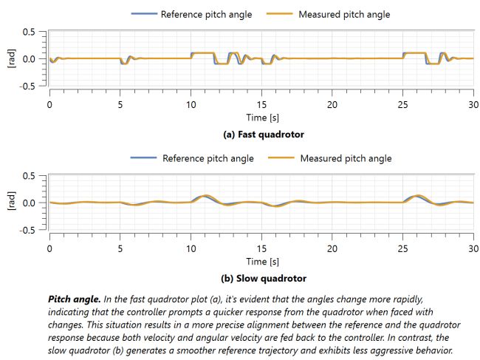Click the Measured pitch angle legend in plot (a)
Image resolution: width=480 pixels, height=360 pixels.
pyautogui.click(x=335, y=14)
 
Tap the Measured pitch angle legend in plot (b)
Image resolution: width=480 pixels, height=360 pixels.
pyautogui.click(x=336, y=158)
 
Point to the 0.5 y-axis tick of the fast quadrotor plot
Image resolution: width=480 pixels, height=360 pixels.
pyautogui.click(x=29, y=32)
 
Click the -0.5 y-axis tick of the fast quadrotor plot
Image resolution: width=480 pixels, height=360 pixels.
pyautogui.click(x=27, y=86)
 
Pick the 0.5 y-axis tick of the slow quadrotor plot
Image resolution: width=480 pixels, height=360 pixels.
pyautogui.click(x=29, y=176)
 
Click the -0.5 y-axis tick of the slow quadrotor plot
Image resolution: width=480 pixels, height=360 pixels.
pyautogui.click(x=27, y=230)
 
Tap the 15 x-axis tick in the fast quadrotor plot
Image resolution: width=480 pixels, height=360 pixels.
pyautogui.click(x=261, y=105)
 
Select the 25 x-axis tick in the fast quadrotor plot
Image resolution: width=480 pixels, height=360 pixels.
pyautogui.click(x=402, y=105)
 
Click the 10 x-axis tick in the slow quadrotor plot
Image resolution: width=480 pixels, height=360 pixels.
pyautogui.click(x=191, y=249)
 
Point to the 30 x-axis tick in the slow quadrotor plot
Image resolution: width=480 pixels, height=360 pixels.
pyautogui.click(x=473, y=249)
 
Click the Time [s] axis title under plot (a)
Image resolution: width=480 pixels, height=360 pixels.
pyautogui.click(x=261, y=118)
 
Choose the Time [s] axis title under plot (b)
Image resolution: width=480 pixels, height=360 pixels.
pyautogui.click(x=261, y=262)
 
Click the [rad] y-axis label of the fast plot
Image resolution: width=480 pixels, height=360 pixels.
pyautogui.click(x=11, y=59)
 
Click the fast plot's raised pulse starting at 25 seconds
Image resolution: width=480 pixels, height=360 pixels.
pyautogui.click(x=414, y=53)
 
